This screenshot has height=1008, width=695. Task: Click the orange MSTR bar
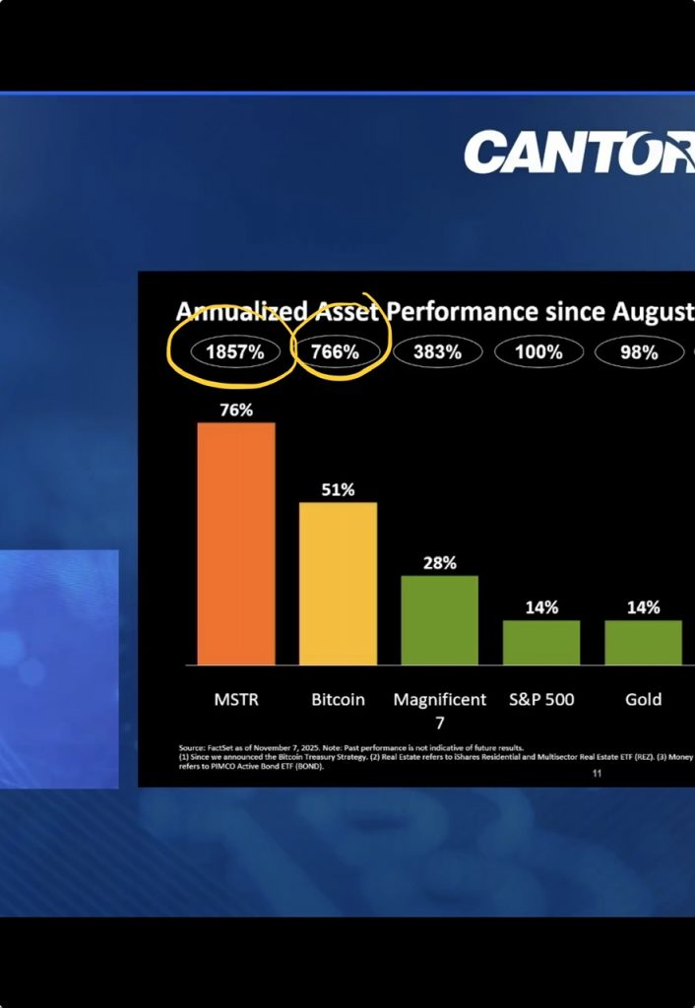pyautogui.click(x=236, y=543)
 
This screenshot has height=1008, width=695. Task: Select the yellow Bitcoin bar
pyautogui.click(x=338, y=583)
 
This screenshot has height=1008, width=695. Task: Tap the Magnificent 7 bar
pyautogui.click(x=439, y=620)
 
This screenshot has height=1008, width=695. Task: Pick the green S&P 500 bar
pyautogui.click(x=540, y=642)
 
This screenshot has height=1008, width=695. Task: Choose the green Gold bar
pyautogui.click(x=643, y=642)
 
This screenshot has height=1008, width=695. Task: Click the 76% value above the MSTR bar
pyautogui.click(x=236, y=410)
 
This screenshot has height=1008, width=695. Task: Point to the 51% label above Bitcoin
pyautogui.click(x=338, y=489)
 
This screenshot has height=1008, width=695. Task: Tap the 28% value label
pyautogui.click(x=439, y=563)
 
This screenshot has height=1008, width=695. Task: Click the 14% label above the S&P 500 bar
pyautogui.click(x=541, y=607)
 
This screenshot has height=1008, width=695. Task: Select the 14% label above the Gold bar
pyautogui.click(x=643, y=607)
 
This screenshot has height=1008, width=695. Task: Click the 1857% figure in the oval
pyautogui.click(x=235, y=351)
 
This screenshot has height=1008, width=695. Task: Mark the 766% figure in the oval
pyautogui.click(x=335, y=351)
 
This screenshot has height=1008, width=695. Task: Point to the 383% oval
pyautogui.click(x=437, y=351)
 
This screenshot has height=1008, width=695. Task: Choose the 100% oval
pyautogui.click(x=538, y=351)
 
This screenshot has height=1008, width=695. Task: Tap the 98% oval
pyautogui.click(x=639, y=351)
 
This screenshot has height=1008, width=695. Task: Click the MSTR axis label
pyautogui.click(x=236, y=700)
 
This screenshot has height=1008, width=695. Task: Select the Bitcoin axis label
pyautogui.click(x=338, y=700)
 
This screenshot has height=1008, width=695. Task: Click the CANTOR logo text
pyautogui.click(x=579, y=153)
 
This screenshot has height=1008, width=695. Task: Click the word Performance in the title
pyautogui.click(x=460, y=312)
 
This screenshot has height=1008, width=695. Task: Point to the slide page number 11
pyautogui.click(x=597, y=775)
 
